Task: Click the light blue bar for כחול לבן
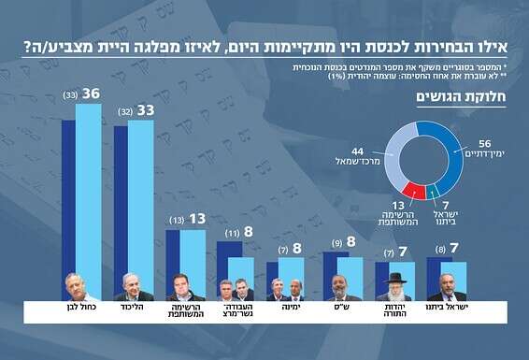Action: pos(89,187)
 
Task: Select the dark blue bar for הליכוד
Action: pos(121,196)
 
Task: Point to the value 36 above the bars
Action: pos(90,94)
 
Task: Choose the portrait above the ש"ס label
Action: pos(342,287)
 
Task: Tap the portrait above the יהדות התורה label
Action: pos(394,287)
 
